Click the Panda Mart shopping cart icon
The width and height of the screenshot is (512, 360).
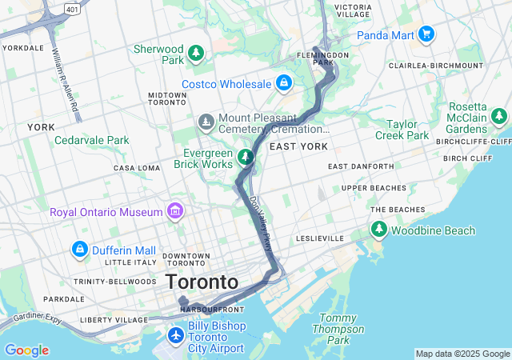[x=426, y=34]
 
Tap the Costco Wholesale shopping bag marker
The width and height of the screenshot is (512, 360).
[x=283, y=82]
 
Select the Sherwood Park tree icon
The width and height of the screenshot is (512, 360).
[x=196, y=54]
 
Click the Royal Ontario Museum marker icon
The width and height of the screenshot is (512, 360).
[x=174, y=212]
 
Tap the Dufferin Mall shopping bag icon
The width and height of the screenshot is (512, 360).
[x=79, y=250]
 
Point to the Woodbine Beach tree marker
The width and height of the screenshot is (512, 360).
[x=379, y=230]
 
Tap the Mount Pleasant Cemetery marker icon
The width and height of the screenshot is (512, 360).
[x=206, y=122]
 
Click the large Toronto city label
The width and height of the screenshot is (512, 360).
[x=202, y=282]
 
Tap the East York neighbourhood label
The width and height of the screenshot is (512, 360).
[x=298, y=146]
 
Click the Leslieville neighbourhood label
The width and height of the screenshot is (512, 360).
[x=319, y=238]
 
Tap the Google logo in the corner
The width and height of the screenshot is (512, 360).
[x=26, y=350]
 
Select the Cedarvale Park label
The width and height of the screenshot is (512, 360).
[x=91, y=140]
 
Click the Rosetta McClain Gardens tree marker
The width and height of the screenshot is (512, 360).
[x=500, y=118]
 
